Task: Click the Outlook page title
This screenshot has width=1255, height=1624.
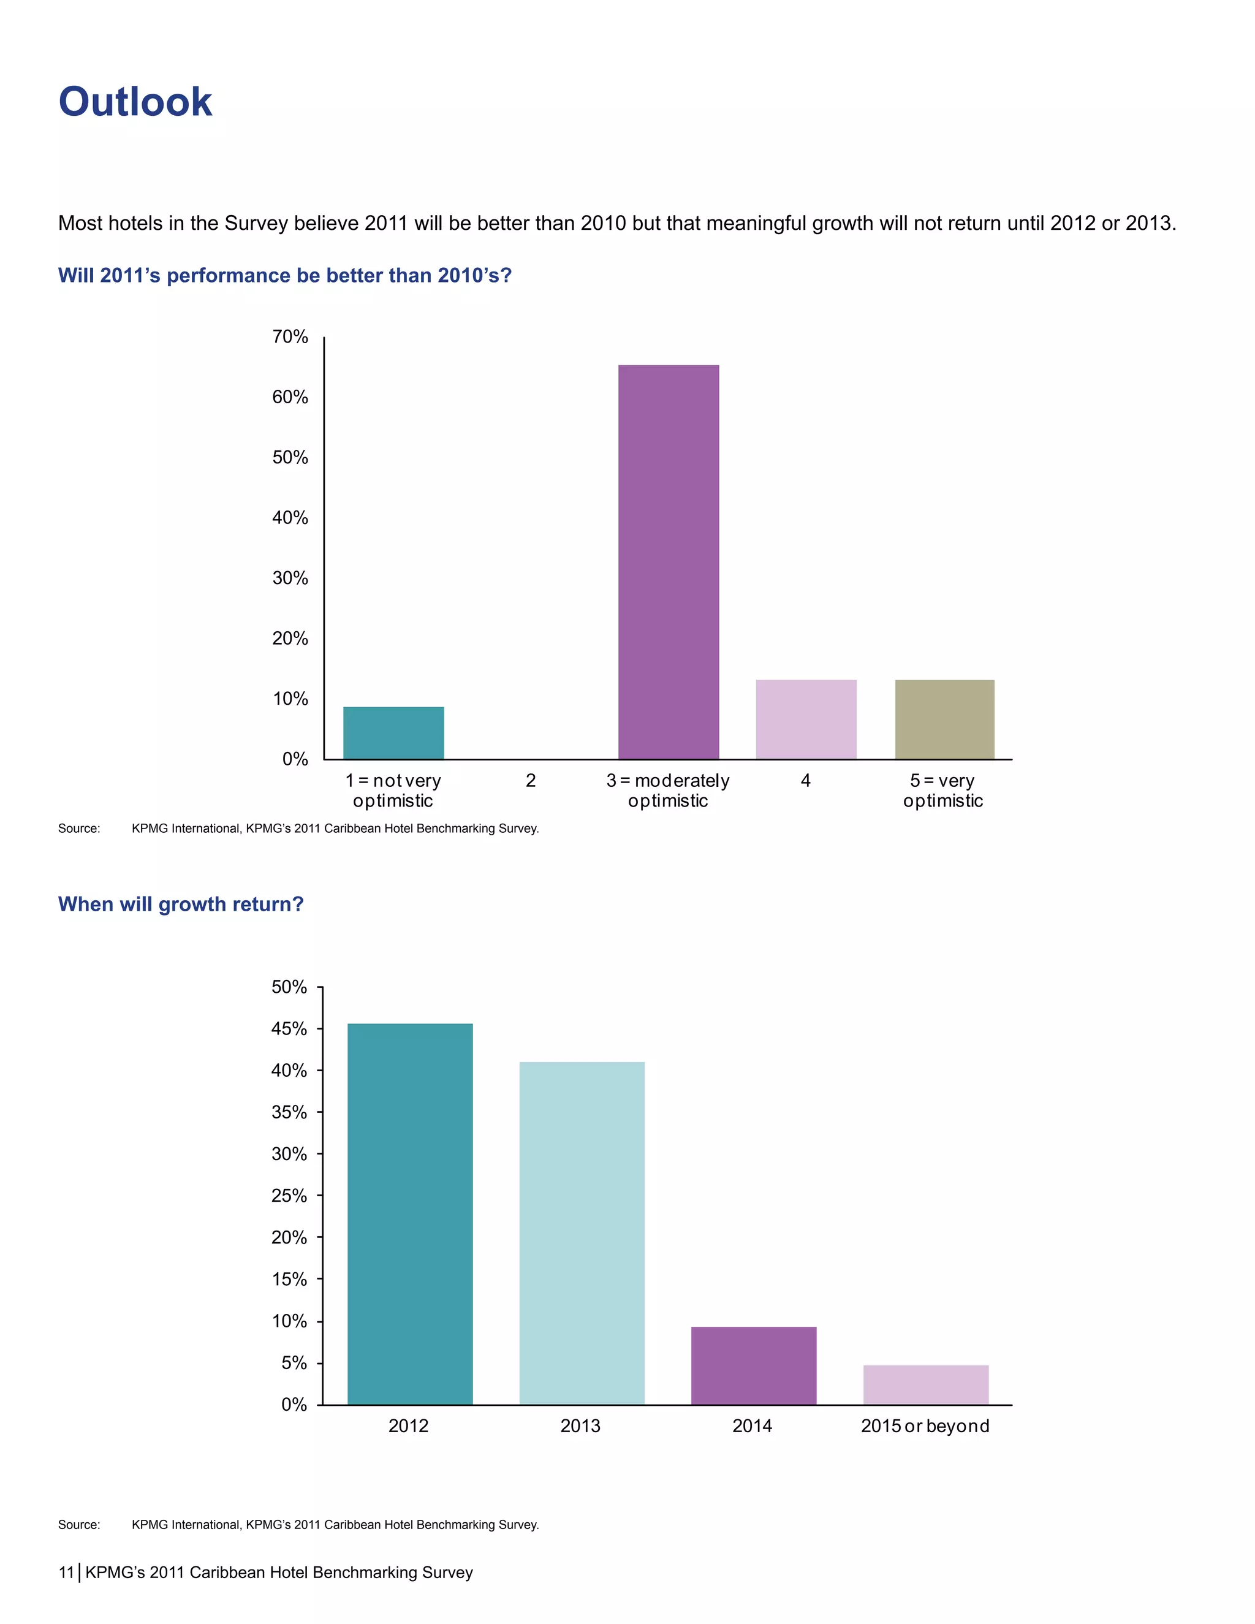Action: tap(135, 102)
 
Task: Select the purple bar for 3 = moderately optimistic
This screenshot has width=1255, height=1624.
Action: tap(669, 561)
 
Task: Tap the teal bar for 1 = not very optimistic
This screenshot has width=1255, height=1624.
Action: tap(393, 732)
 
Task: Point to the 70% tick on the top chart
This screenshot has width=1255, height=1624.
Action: tap(290, 337)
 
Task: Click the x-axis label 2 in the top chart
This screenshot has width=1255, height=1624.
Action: tap(530, 781)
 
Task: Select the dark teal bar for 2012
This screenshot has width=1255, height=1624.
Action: tap(410, 1213)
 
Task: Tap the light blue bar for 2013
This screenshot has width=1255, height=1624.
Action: tap(582, 1233)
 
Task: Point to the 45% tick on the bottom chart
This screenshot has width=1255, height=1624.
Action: tap(289, 1029)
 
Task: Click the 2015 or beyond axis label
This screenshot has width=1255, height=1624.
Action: tap(925, 1426)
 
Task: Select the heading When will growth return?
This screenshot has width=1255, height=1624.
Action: tap(181, 904)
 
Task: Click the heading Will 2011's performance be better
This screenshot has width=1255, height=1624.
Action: tap(285, 276)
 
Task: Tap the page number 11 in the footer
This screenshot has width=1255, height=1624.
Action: tap(66, 1573)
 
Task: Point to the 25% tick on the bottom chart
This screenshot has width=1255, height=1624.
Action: tap(289, 1196)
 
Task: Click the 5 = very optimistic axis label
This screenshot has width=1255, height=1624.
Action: tap(942, 791)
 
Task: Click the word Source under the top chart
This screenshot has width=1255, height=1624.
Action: tap(79, 829)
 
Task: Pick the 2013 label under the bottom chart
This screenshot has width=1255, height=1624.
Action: tap(580, 1426)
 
